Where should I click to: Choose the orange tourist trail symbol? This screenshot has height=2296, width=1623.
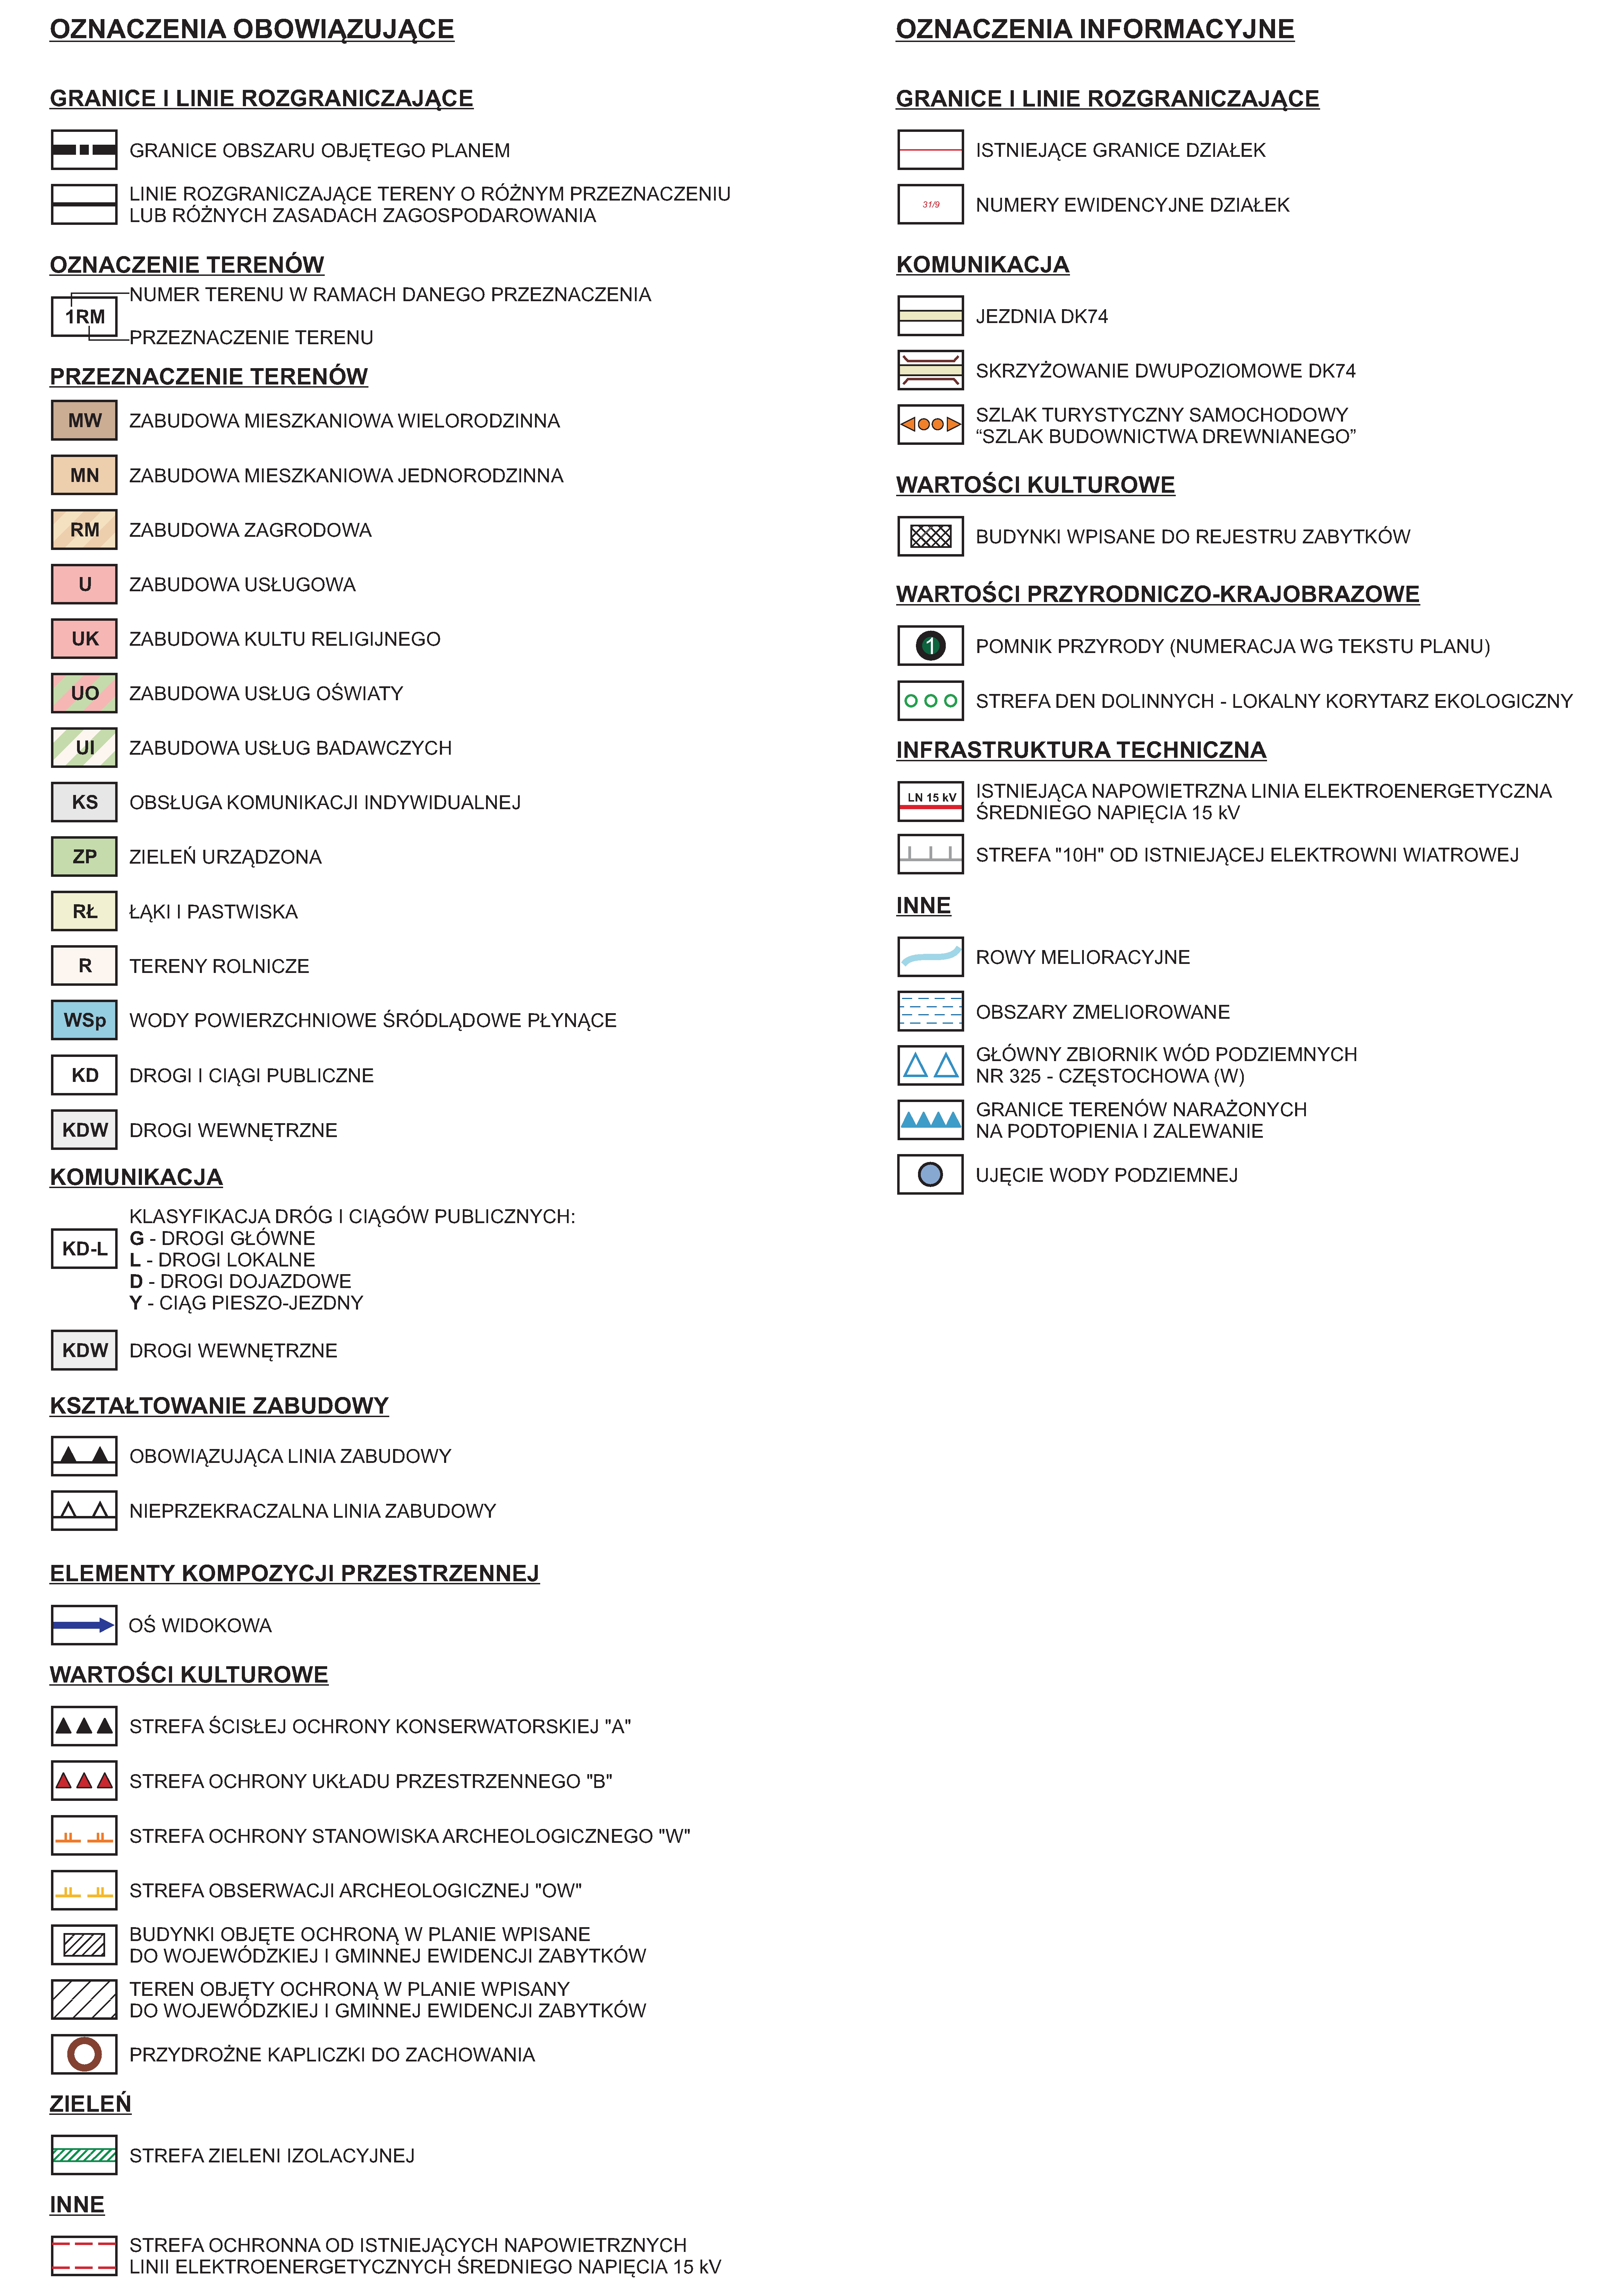pos(930,424)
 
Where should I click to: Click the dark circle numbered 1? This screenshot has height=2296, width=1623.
pos(930,646)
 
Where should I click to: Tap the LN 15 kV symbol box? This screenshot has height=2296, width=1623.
pos(930,801)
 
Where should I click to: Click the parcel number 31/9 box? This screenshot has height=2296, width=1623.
pos(930,204)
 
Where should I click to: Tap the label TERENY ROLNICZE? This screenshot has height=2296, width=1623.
pos(219,966)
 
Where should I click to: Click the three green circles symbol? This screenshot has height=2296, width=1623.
pos(930,701)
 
